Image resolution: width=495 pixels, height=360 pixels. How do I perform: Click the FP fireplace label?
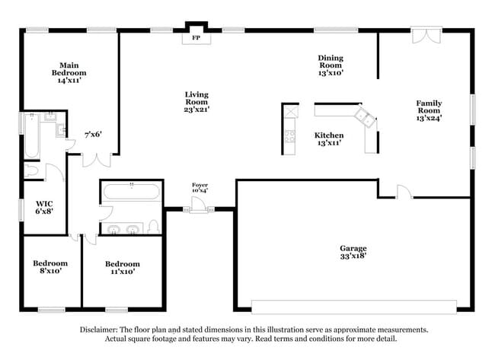196,37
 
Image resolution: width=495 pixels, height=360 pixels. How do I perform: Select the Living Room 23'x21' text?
196,102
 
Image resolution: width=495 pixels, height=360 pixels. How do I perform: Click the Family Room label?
429,110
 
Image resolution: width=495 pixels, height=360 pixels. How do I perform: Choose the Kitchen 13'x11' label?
329,139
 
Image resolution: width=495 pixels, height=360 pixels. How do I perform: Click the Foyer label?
200,187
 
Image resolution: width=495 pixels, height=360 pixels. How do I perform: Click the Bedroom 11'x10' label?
123,268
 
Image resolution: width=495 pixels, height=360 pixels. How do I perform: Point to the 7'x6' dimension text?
93,135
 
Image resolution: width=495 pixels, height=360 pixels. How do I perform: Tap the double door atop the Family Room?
426,35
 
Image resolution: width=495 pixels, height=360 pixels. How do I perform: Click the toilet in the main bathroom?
31,170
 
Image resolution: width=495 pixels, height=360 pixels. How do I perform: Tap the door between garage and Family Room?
403,192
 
